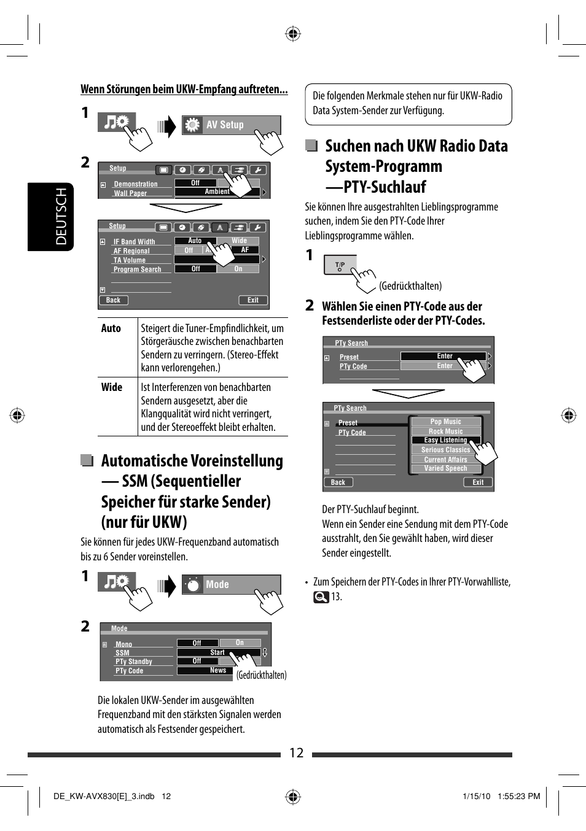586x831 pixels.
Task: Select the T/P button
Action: [x=340, y=265]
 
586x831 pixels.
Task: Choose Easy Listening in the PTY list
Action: [x=445, y=440]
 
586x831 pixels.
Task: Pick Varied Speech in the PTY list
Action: [x=445, y=468]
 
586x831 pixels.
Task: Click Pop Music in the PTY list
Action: [x=445, y=422]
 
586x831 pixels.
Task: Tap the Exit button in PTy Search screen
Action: [x=478, y=482]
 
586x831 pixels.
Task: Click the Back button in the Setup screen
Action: [x=113, y=300]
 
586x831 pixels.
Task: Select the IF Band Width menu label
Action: [x=134, y=242]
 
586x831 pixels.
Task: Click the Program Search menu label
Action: [x=137, y=269]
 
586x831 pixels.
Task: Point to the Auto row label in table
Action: [x=111, y=328]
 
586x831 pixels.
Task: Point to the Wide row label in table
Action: [x=112, y=387]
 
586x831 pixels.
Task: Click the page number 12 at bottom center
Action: [x=296, y=753]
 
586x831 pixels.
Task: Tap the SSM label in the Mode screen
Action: [x=122, y=653]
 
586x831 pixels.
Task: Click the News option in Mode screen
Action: [x=217, y=670]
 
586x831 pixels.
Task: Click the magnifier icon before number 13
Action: [x=321, y=597]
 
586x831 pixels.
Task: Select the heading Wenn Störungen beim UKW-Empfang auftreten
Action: [x=184, y=90]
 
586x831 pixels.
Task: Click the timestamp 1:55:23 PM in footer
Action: [x=518, y=796]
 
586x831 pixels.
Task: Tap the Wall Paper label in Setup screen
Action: [x=130, y=193]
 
